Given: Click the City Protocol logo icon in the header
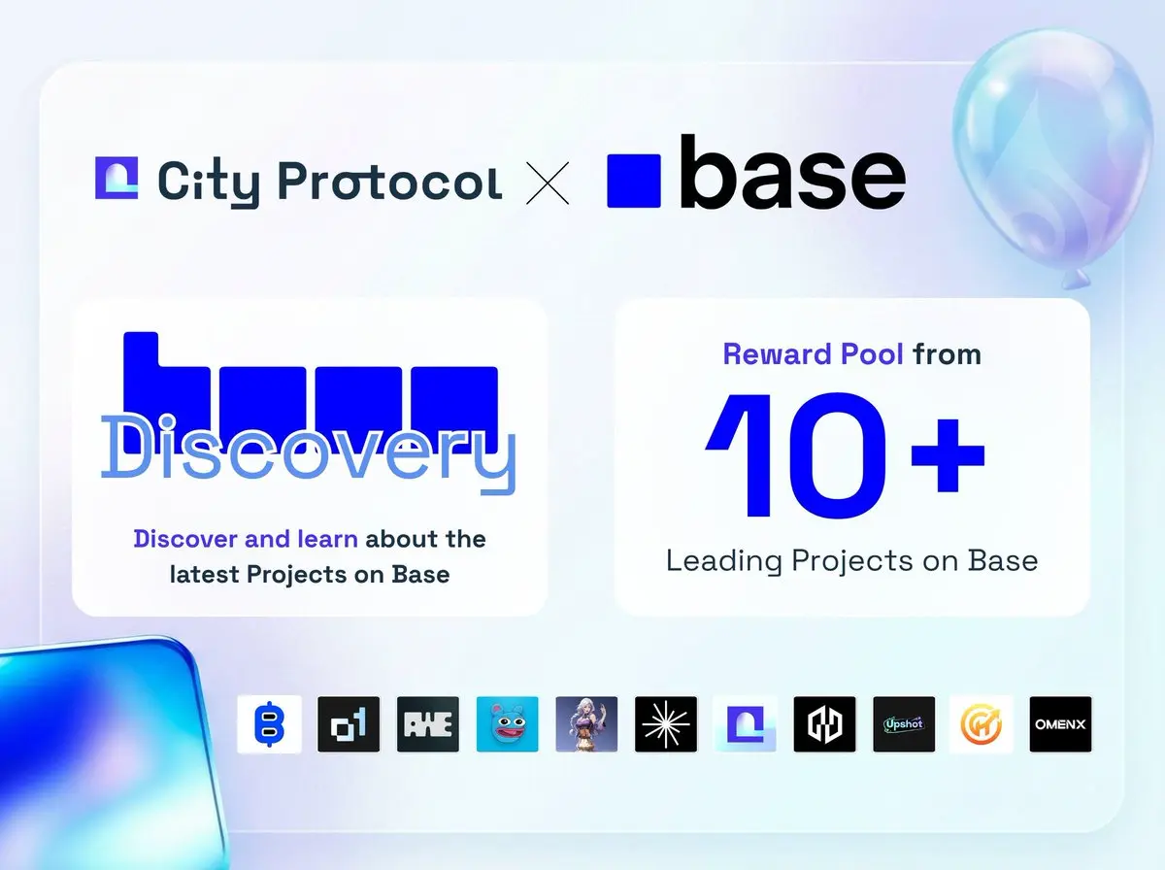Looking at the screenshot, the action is click(x=116, y=178).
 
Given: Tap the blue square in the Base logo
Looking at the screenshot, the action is click(x=634, y=181).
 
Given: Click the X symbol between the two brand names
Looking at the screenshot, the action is click(x=548, y=184).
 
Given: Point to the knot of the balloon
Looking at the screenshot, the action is click(x=1076, y=280).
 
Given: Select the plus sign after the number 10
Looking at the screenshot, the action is click(x=948, y=455).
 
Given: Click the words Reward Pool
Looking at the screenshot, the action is click(x=813, y=354).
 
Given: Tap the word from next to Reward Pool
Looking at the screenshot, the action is click(x=947, y=354).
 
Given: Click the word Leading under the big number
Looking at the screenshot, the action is click(x=724, y=561).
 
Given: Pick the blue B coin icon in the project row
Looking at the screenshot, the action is click(x=269, y=724).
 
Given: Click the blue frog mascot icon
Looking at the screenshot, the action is click(x=507, y=724).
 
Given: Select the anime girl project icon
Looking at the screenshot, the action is click(x=586, y=724).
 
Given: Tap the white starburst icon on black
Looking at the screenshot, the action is click(x=666, y=724).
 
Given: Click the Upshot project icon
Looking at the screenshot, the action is click(x=904, y=724).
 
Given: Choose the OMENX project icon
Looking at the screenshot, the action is click(x=1060, y=724).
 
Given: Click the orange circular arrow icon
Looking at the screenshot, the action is click(x=982, y=724).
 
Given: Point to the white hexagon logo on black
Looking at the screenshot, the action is click(x=824, y=724).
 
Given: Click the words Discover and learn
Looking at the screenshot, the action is click(x=246, y=539).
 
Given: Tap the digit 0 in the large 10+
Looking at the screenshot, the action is click(x=837, y=455).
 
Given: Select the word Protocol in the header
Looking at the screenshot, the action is click(x=390, y=182).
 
